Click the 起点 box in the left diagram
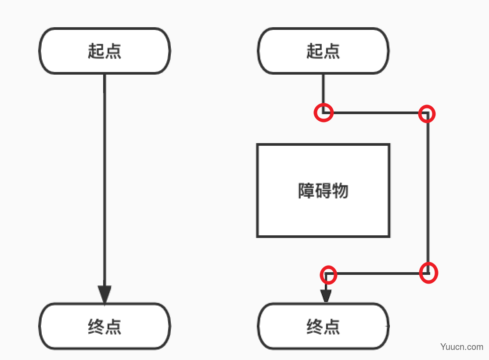[x=104, y=51]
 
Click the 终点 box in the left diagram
[x=104, y=326]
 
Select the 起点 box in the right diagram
[x=323, y=51]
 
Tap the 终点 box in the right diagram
[x=323, y=326]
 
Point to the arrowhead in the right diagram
[x=326, y=296]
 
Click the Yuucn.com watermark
[x=461, y=346]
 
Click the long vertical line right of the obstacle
[x=428, y=193]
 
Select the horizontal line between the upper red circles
[x=376, y=113]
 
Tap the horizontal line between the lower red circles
[x=378, y=274]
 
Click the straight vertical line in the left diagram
[x=104, y=180]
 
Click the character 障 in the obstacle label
[x=306, y=191]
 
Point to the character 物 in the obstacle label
[x=340, y=191]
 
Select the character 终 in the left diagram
[x=96, y=326]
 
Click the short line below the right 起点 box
[x=323, y=93]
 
